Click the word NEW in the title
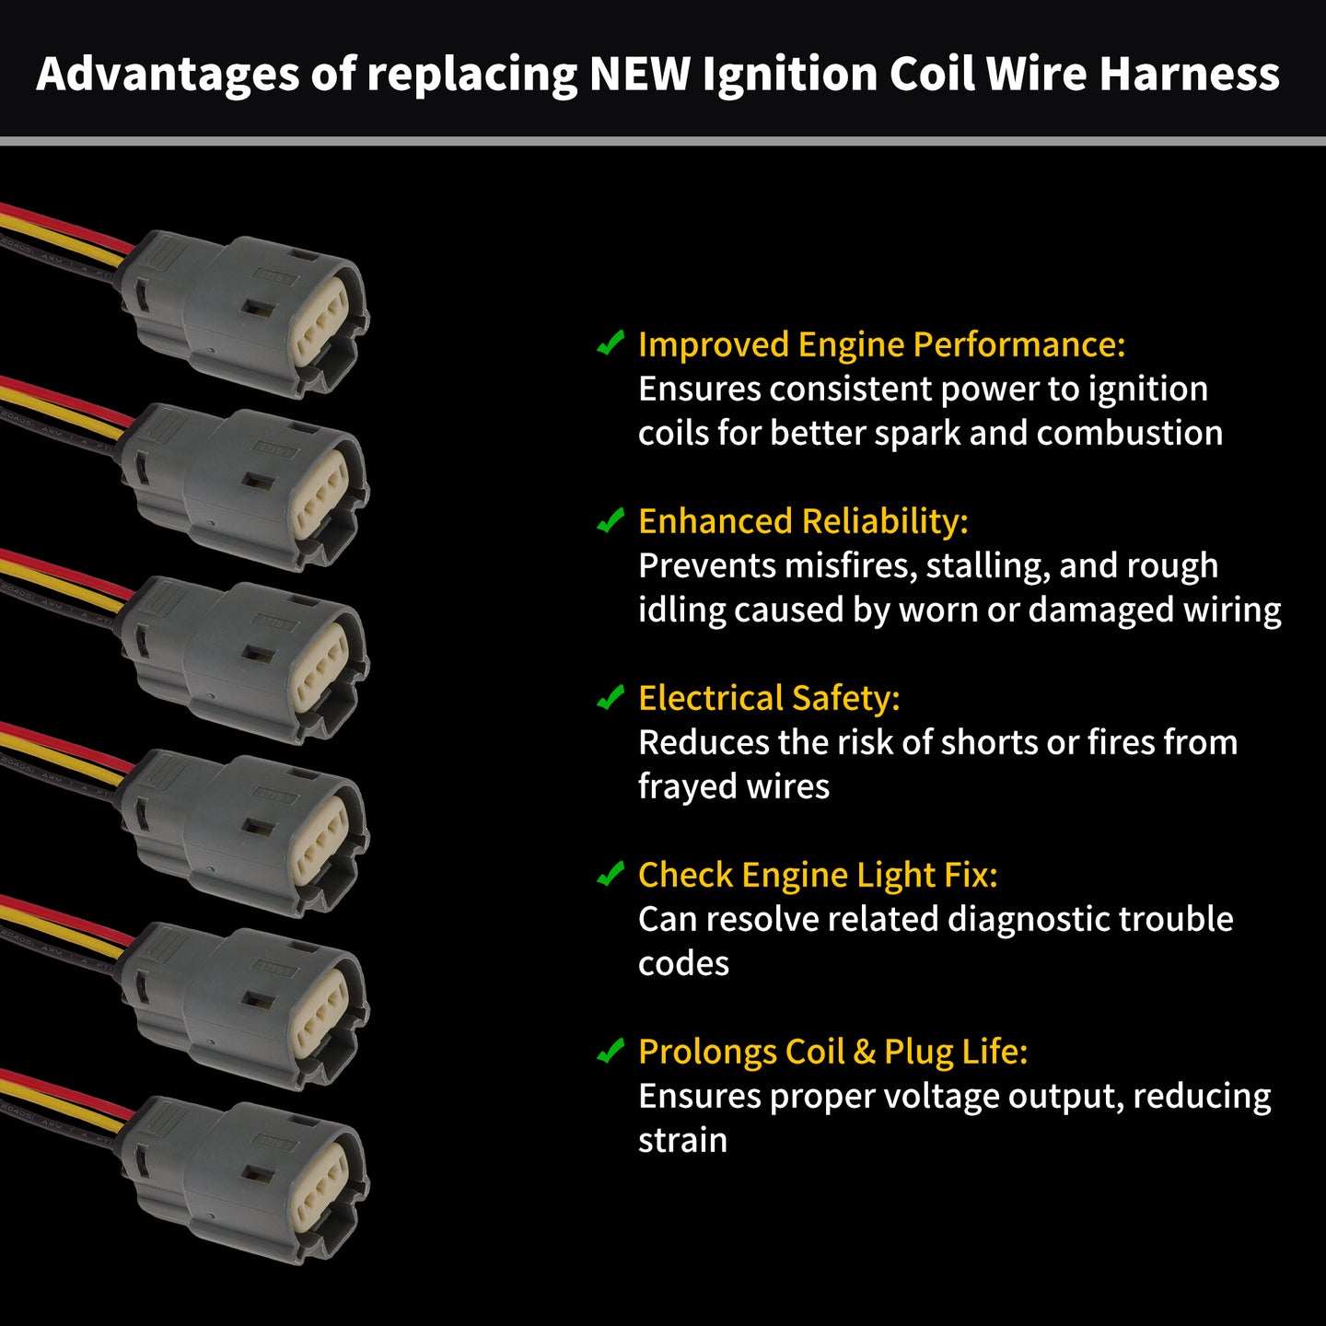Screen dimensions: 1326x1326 (x=639, y=74)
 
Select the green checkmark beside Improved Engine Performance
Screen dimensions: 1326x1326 (x=611, y=343)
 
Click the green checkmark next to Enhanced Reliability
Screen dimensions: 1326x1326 (x=611, y=520)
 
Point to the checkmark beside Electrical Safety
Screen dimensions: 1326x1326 (x=611, y=697)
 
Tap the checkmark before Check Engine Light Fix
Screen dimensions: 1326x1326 (x=611, y=874)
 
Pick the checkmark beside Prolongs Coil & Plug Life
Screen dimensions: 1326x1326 (x=611, y=1051)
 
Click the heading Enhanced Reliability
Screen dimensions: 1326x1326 (x=803, y=521)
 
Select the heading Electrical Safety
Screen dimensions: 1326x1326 (x=769, y=698)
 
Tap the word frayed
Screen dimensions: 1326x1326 (x=687, y=786)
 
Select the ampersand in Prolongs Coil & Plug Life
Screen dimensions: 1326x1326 (x=866, y=1053)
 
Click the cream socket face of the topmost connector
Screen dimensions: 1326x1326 (x=319, y=320)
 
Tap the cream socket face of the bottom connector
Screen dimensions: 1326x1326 (x=319, y=1186)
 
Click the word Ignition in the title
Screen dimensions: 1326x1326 (x=789, y=76)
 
